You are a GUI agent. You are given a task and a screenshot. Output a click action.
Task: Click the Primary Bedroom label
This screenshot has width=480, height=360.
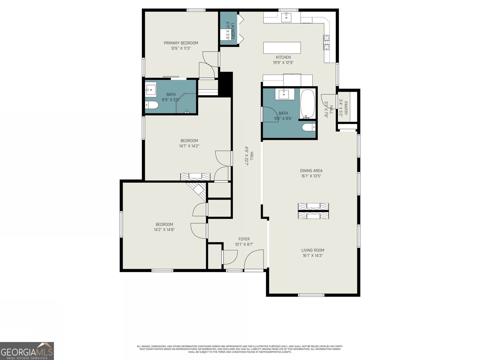(181, 43)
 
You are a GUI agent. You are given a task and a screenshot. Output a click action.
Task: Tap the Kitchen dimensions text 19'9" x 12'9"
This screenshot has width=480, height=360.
(283, 63)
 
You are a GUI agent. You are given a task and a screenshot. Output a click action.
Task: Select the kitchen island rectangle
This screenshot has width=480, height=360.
(282, 48)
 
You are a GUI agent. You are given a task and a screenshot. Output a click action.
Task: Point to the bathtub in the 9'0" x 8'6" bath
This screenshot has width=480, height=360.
(307, 104)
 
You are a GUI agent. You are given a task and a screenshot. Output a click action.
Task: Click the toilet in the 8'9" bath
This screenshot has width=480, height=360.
(152, 105)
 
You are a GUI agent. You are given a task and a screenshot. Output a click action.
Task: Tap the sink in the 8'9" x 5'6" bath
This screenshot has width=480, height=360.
(151, 89)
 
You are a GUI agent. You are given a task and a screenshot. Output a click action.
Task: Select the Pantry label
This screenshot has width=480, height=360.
(346, 108)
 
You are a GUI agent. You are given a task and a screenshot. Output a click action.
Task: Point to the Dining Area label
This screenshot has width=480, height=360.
(311, 171)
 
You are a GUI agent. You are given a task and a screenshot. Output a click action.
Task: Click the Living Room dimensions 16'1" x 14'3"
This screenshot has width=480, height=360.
(313, 256)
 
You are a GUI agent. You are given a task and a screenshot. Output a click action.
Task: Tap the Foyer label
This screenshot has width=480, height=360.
(244, 239)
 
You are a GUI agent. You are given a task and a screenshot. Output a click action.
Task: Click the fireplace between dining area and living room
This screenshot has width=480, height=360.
(313, 211)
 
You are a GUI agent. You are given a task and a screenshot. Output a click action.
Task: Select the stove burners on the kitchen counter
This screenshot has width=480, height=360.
(326, 42)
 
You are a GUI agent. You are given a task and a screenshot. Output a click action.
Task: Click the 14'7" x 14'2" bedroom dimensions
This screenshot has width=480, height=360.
(189, 146)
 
